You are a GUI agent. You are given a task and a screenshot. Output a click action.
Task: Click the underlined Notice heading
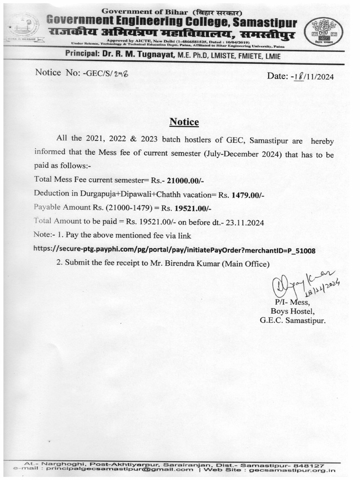point(184,122)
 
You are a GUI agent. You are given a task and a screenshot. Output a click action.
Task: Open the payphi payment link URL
point(175,250)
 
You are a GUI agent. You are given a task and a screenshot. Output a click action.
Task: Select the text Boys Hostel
point(293,311)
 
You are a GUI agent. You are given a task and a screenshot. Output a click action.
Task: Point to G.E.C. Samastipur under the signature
point(292,320)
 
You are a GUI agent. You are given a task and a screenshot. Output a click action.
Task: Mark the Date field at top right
point(300,77)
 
